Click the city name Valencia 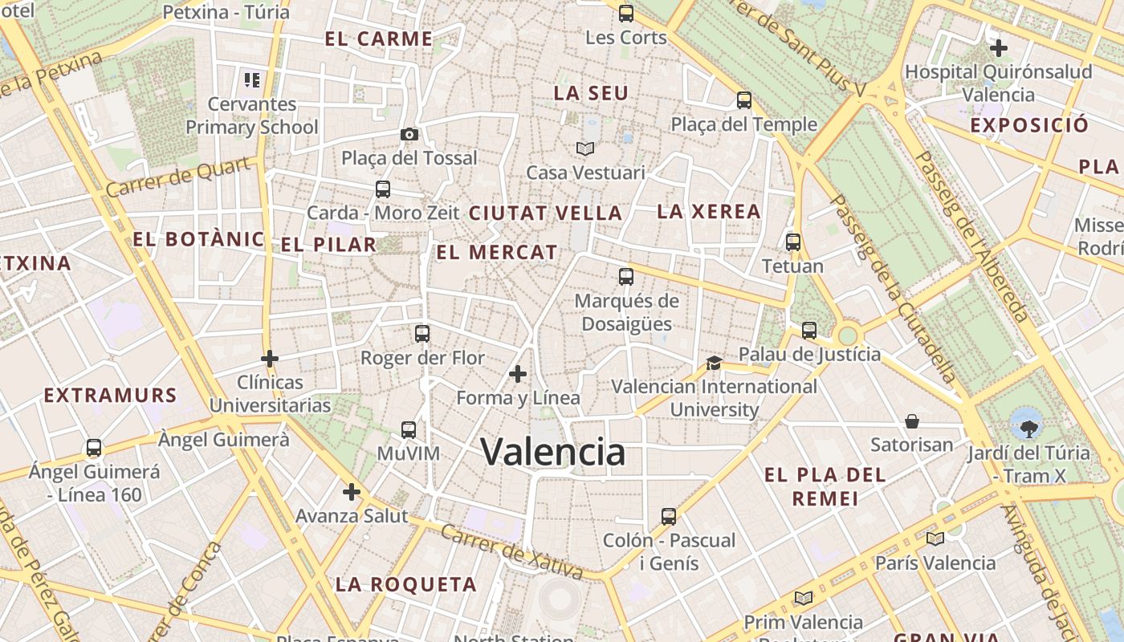click(x=552, y=452)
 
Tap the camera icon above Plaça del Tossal click(x=409, y=134)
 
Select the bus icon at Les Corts click(x=626, y=14)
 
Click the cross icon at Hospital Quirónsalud click(x=999, y=48)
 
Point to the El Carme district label click(x=379, y=39)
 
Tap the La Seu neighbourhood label click(x=591, y=93)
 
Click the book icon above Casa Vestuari click(x=585, y=148)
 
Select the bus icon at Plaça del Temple click(x=744, y=100)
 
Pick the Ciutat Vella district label click(x=546, y=213)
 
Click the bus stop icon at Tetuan click(x=793, y=242)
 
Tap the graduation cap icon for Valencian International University click(x=714, y=364)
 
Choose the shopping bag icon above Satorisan click(x=912, y=421)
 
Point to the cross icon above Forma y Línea click(x=518, y=374)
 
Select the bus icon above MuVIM click(x=409, y=430)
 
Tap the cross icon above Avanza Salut click(x=352, y=492)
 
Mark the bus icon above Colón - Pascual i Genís click(x=669, y=516)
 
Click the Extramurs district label click(x=110, y=396)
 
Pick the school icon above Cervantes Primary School click(x=252, y=80)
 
